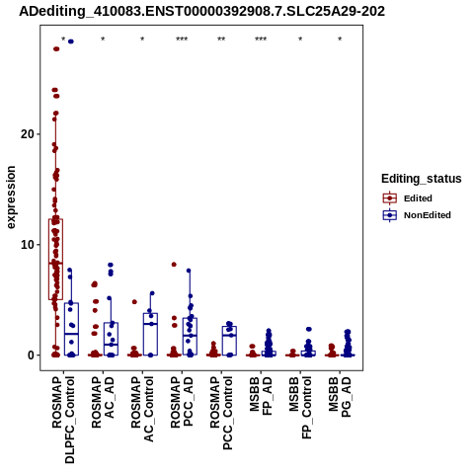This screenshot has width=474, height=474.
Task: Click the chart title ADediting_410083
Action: point(201,12)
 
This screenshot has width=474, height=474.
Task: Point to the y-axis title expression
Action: point(11,197)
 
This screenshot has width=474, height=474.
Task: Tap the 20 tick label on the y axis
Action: point(28,134)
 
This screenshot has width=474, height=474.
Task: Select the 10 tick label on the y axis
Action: point(28,245)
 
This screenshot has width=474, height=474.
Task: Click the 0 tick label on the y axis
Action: point(32,355)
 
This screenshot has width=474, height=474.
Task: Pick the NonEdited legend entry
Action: point(417,215)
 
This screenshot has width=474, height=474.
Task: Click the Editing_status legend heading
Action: point(422,179)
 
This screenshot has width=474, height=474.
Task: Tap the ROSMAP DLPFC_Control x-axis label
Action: point(63,420)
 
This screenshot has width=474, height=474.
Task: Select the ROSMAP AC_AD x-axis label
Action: point(103,403)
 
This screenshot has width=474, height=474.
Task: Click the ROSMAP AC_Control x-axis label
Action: point(142,409)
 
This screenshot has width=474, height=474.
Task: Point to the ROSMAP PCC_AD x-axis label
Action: point(182,403)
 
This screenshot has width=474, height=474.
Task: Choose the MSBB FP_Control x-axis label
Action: point(300,408)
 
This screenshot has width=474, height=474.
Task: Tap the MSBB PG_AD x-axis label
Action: point(340,397)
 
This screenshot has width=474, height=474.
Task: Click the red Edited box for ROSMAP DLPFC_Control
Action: point(55,259)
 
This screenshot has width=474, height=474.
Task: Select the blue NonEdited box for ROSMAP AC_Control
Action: point(150,334)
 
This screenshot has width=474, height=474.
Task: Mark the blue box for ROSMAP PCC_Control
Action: point(229,341)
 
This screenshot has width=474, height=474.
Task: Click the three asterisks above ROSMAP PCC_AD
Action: point(182,39)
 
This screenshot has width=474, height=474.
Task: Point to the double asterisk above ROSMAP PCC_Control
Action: point(221,39)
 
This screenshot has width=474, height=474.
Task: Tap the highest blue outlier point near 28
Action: point(71,41)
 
